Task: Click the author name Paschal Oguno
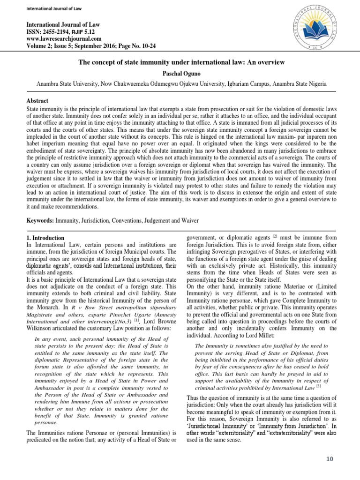[180, 73]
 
